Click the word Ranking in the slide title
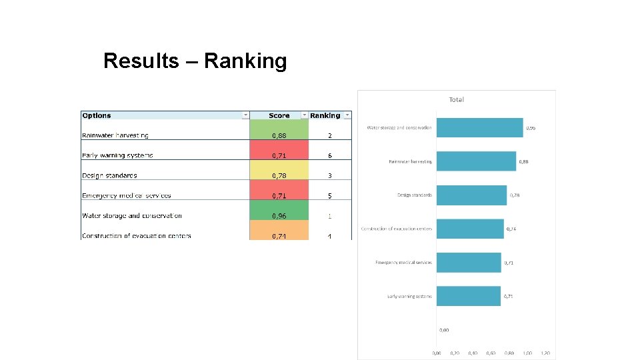point(245,61)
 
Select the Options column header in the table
point(97,115)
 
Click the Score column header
point(279,115)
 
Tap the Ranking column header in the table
point(325,115)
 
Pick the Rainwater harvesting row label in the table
point(115,135)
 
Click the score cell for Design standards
point(279,175)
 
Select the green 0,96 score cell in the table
point(279,215)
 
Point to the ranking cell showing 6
point(329,155)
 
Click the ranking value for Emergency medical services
point(329,195)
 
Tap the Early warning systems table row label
point(117,155)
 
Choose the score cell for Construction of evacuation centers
point(279,235)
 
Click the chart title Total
point(457,100)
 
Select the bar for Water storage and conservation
point(479,127)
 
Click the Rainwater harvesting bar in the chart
point(476,161)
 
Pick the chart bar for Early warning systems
point(468,296)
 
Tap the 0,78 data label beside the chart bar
point(515,195)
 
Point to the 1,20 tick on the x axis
point(545,353)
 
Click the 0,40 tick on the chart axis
point(473,353)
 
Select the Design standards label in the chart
point(415,195)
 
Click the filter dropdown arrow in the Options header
point(245,115)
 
